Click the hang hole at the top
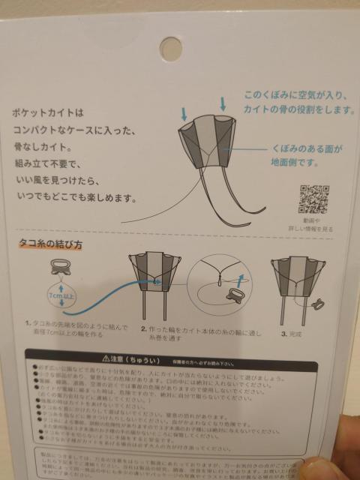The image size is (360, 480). (171, 46)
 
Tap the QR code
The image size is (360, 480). (315, 199)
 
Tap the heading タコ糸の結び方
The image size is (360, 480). (51, 245)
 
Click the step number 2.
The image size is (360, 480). (144, 328)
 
